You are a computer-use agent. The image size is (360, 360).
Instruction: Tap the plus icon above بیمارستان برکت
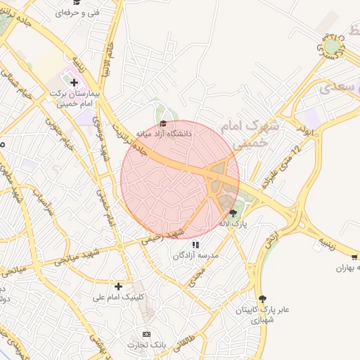(74, 83)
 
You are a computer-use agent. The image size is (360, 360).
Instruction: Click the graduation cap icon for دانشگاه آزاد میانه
(163, 123)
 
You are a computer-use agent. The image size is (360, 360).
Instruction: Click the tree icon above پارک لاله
(233, 212)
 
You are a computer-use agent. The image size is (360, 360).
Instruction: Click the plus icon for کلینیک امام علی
(119, 286)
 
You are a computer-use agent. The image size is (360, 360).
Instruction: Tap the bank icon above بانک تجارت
(146, 334)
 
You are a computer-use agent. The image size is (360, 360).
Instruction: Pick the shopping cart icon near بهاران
(354, 257)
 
